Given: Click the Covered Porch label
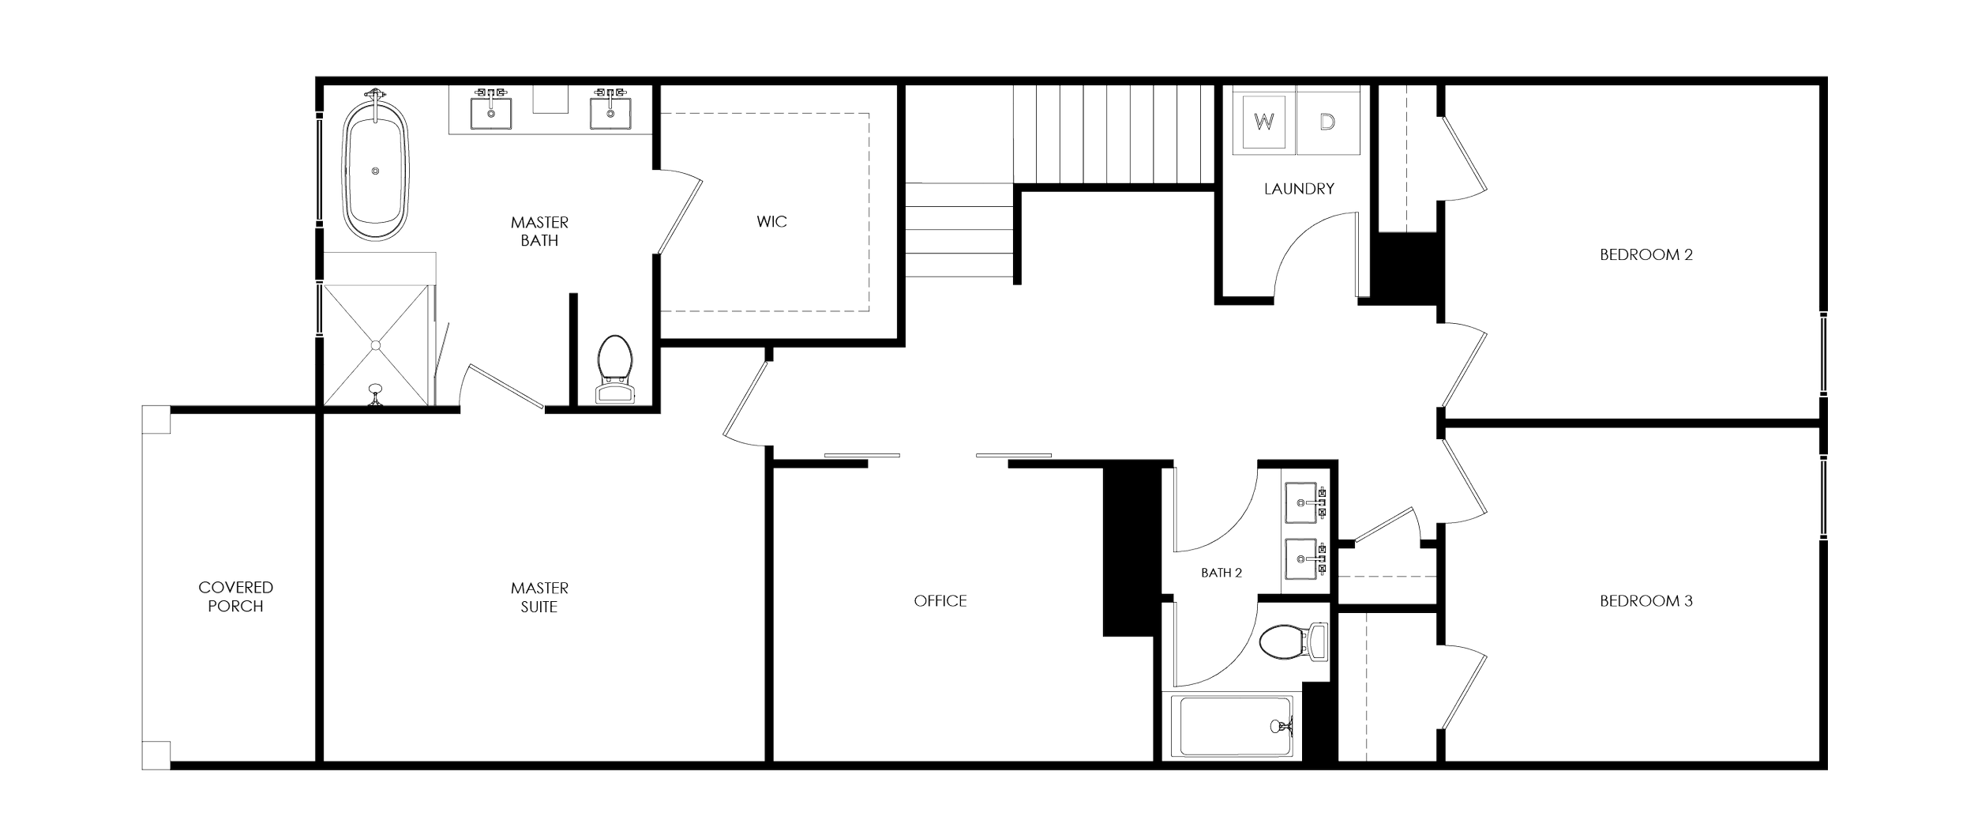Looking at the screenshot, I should [x=236, y=596].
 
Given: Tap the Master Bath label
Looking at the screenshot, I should [x=539, y=231].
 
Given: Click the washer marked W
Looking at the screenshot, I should [x=1264, y=122].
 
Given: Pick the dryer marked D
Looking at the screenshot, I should [x=1328, y=122].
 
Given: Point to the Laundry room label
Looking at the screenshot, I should [x=1299, y=189].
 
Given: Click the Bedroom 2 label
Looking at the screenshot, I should [x=1646, y=256].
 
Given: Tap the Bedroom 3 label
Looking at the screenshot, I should [x=1646, y=601].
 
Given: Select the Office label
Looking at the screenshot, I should [x=940, y=601].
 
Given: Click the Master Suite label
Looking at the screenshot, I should [x=540, y=597].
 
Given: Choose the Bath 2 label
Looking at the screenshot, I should [x=1222, y=573].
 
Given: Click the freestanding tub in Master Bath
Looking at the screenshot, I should [x=375, y=170].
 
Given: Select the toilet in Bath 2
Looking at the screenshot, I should [x=1291, y=641].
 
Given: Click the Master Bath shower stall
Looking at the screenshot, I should [x=377, y=344].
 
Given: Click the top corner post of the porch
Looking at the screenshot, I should [x=156, y=419].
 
